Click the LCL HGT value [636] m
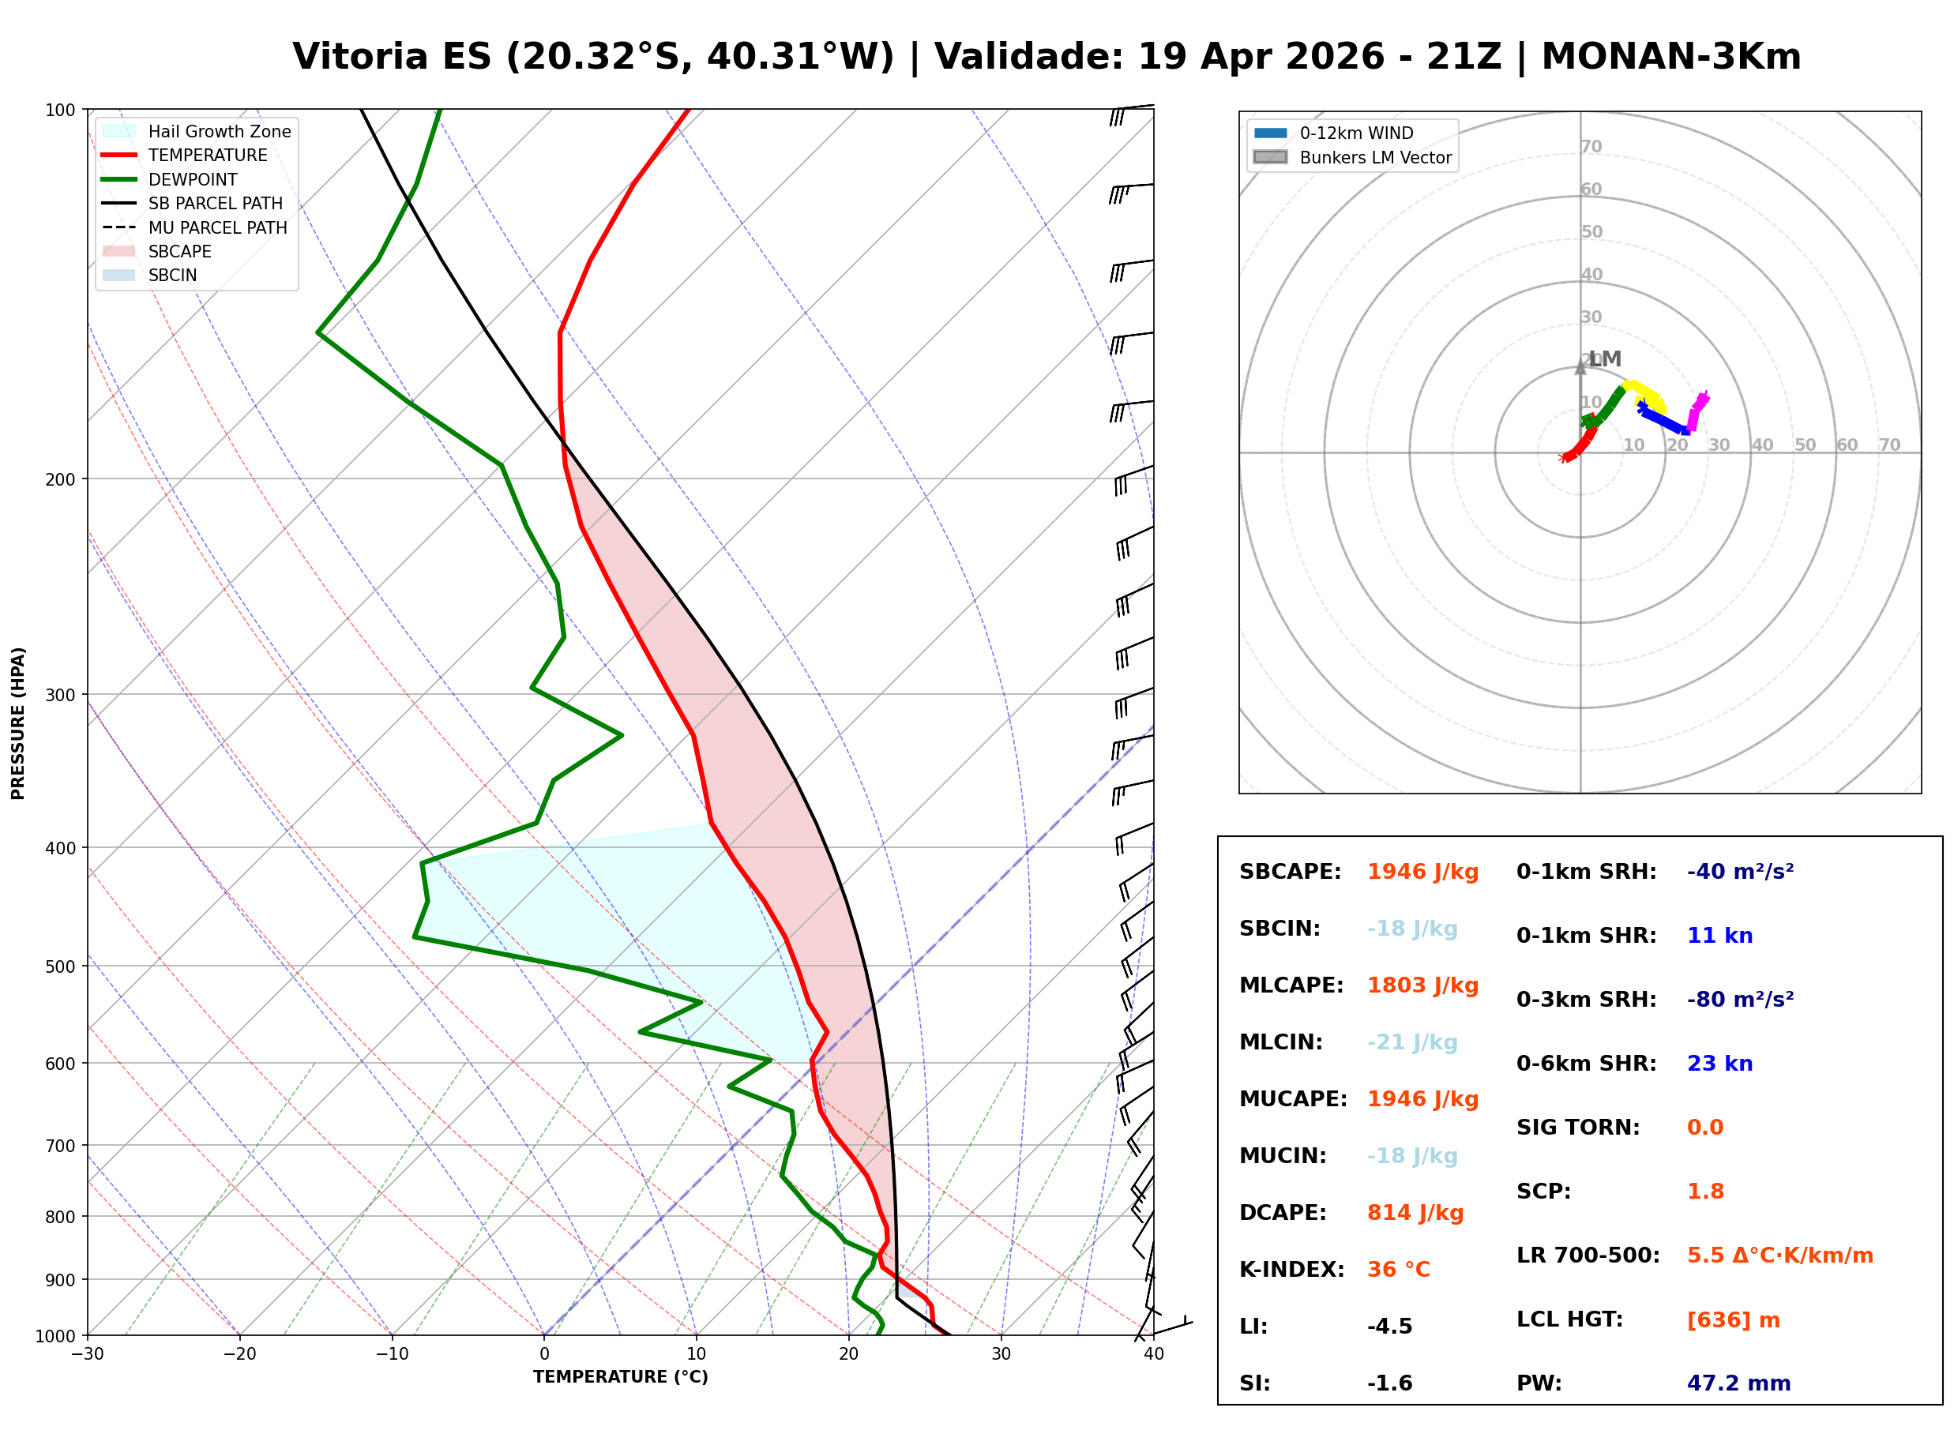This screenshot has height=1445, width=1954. click(x=1734, y=1321)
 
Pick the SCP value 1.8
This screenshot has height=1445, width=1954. click(x=1705, y=1192)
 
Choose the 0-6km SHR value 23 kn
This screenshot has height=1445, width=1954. click(x=1719, y=1064)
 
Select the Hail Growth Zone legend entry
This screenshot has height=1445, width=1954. click(x=196, y=131)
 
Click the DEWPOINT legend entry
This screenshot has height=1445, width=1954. click(x=170, y=179)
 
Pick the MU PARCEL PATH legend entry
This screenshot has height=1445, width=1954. click(x=194, y=227)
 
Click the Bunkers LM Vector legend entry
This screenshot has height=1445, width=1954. click(x=1352, y=157)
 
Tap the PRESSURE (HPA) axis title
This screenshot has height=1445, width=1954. click(x=18, y=723)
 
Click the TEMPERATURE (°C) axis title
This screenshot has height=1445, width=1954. click(x=621, y=1378)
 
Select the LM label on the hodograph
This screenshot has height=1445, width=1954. click(x=1605, y=359)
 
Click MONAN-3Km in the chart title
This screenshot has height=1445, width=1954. click(x=1671, y=57)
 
